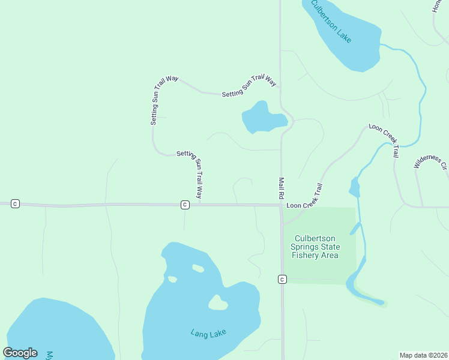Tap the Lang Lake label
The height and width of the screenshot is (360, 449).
click(207, 334)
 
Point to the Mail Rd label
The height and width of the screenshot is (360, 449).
click(281, 188)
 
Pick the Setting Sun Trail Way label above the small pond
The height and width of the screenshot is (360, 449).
click(249, 86)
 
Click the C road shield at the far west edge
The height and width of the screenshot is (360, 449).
click(16, 204)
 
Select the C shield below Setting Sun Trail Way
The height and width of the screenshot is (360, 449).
click(185, 205)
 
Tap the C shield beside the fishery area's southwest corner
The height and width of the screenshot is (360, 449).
click(282, 279)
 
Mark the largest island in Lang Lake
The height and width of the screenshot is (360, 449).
click(218, 303)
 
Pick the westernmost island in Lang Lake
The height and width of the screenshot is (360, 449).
click(173, 279)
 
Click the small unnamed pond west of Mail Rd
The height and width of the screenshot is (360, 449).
click(262, 118)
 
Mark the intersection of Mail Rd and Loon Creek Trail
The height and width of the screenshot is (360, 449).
click(282, 206)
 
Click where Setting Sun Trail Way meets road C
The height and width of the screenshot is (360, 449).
click(199, 204)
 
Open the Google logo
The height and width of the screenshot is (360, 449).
click(20, 353)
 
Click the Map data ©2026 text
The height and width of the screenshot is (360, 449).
click(423, 355)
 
